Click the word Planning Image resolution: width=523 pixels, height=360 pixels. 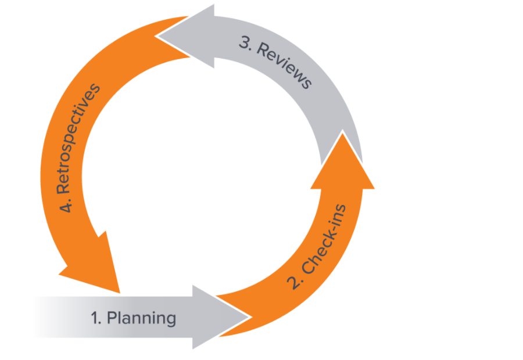(x=142, y=318)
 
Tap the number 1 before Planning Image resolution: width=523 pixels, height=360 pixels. (x=95, y=318)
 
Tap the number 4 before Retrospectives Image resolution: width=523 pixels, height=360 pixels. (x=66, y=206)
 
